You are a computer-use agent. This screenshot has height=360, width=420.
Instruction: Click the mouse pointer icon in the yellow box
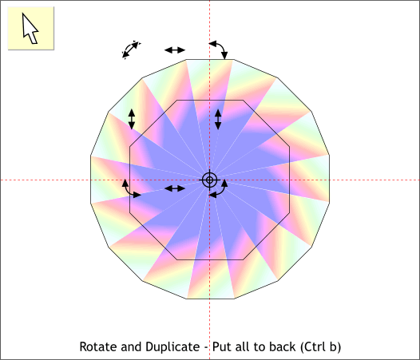click(x=30, y=29)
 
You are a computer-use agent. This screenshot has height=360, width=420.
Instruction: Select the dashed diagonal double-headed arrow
click(x=131, y=49)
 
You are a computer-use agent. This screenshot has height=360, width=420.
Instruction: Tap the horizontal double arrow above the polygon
click(x=175, y=49)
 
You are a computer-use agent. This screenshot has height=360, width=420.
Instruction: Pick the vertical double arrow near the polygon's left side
click(x=132, y=119)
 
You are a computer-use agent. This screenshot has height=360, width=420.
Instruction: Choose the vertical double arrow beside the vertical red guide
click(x=218, y=119)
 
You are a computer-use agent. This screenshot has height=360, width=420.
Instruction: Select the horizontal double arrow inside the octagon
click(x=175, y=188)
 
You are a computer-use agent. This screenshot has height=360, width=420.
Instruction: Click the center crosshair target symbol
click(x=209, y=180)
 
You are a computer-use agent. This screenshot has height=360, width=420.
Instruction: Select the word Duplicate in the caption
click(x=172, y=347)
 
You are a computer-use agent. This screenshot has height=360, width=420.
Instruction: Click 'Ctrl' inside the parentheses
click(x=314, y=346)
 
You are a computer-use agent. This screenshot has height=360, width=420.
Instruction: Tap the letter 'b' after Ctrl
click(x=333, y=346)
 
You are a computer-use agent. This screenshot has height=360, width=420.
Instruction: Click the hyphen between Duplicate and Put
click(x=206, y=348)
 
